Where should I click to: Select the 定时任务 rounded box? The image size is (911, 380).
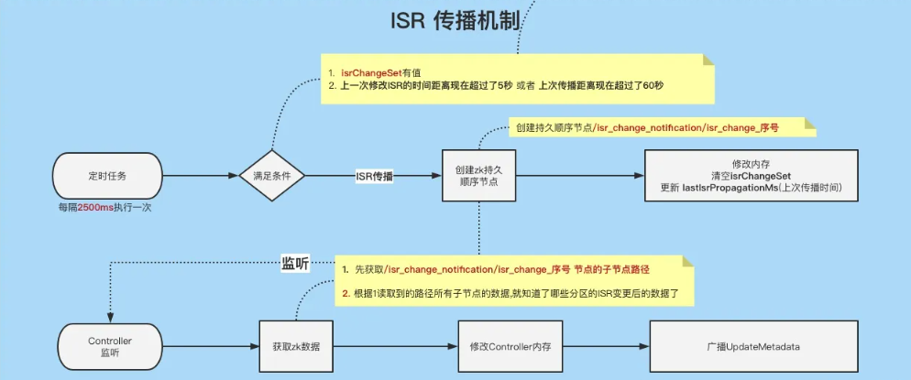pyautogui.click(x=108, y=174)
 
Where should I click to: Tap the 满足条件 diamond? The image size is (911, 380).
pyautogui.click(x=271, y=175)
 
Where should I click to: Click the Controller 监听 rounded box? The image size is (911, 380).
pyautogui.click(x=109, y=347)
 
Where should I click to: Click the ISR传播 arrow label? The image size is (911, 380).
pyautogui.click(x=374, y=176)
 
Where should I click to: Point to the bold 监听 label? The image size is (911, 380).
pyautogui.click(x=295, y=264)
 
